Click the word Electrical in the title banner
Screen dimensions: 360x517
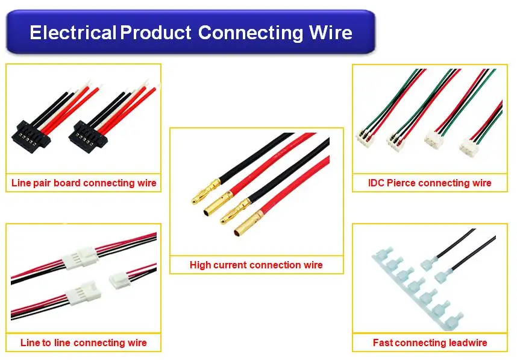coord(72,32)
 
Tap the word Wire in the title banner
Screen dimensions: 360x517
coord(331,32)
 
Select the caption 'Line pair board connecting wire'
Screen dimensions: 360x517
coord(84,183)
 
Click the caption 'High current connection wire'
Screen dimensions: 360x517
coord(256,265)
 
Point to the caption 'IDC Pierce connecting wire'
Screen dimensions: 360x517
coord(430,183)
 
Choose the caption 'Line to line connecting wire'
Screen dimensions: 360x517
coord(83,343)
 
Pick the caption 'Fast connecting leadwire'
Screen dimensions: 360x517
coord(430,343)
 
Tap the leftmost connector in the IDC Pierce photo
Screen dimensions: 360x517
coord(365,138)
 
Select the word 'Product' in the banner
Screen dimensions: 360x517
coord(155,32)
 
